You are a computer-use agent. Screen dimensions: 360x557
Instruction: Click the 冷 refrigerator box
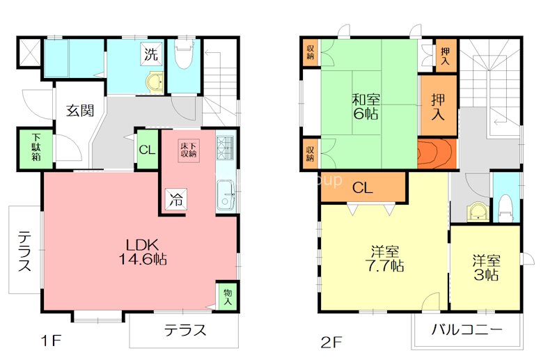[175, 199]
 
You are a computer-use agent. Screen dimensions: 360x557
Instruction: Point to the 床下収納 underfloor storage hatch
[189, 150]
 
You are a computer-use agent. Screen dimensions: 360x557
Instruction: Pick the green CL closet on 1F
[147, 149]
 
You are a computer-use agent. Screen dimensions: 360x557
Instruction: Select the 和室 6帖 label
[365, 106]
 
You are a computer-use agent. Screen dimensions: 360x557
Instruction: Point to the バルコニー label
[466, 329]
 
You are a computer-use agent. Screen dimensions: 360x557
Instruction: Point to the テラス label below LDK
[185, 329]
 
